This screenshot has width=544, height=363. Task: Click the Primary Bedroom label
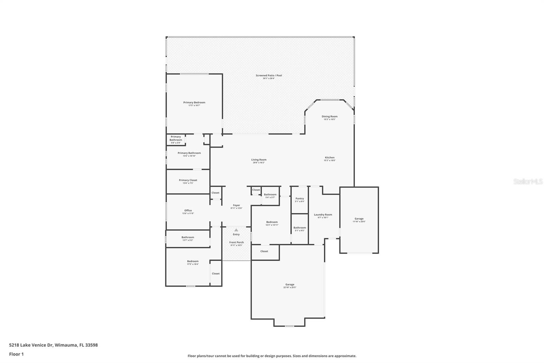coord(194,102)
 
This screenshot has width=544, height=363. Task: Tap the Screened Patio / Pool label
coord(269,75)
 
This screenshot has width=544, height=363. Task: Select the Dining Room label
coord(329,116)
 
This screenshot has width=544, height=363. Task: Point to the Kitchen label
coord(329,157)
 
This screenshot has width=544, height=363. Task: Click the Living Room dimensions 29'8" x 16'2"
coord(259,163)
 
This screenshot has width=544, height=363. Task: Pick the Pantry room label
coord(300,199)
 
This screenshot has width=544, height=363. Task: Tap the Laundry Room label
coord(323,215)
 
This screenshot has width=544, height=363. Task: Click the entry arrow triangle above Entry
coord(236,230)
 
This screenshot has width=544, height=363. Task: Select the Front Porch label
coord(237,242)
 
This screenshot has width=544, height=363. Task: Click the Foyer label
coord(236,205)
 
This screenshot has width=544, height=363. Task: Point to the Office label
coord(188,210)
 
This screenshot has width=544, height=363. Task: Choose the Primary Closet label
coord(188,180)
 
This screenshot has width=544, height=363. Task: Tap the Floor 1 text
coord(16,354)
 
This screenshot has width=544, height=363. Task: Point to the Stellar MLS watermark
coord(528,181)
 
